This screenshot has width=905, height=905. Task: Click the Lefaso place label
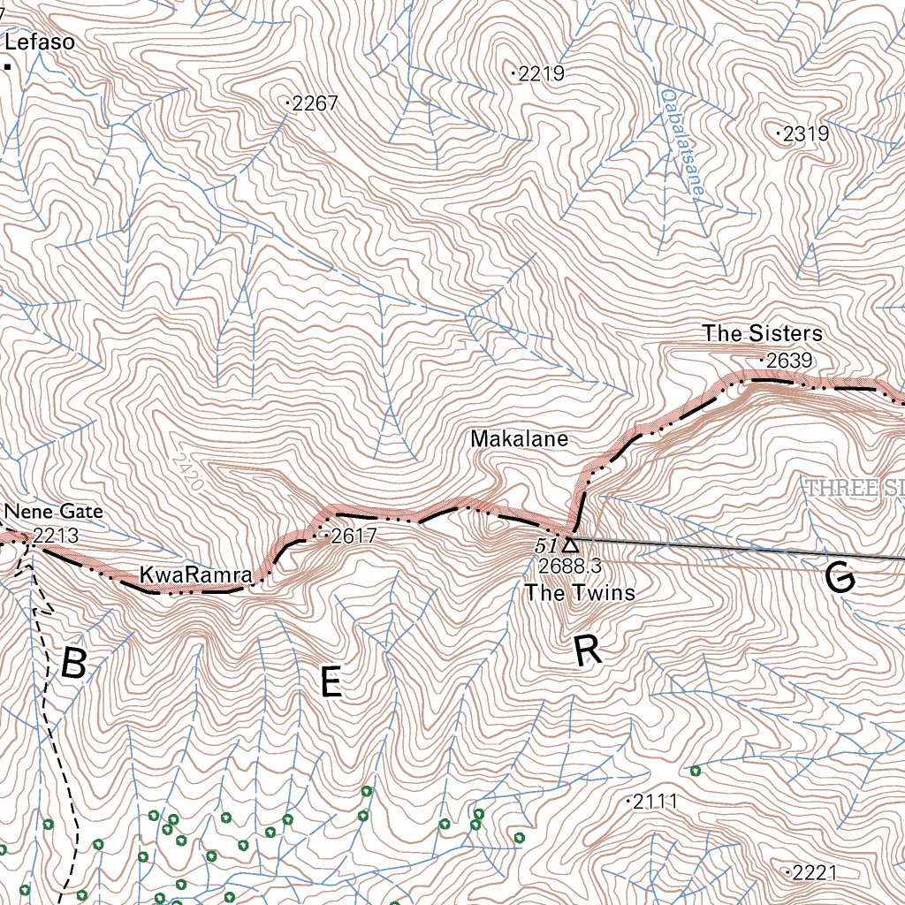click(40, 42)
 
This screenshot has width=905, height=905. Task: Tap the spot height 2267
click(314, 104)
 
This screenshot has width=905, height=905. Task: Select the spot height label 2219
click(540, 74)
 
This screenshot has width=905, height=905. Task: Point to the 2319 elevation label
click(804, 134)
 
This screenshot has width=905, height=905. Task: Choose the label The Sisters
click(762, 333)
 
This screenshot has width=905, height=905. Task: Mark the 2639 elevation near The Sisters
click(787, 361)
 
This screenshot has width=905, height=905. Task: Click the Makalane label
click(519, 438)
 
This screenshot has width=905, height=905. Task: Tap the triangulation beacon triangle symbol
click(569, 544)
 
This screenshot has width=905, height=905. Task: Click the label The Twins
click(579, 592)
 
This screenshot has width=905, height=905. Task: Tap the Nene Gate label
click(53, 512)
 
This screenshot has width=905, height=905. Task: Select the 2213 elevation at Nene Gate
click(56, 536)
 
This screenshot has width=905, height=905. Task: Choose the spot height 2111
click(654, 802)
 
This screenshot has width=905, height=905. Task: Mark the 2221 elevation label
click(812, 873)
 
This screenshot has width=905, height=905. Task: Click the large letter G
click(839, 578)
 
